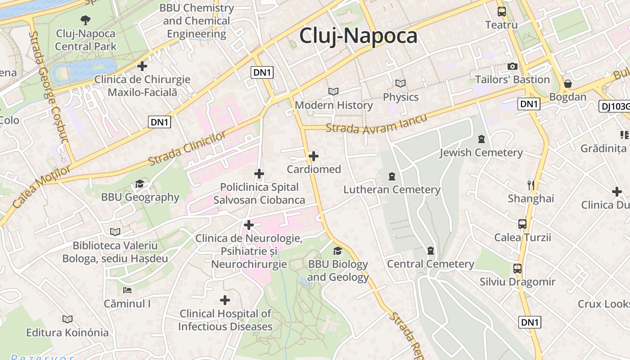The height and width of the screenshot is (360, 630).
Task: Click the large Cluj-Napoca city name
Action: coord(358,36)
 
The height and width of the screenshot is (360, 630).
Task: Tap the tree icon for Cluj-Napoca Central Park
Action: coord(85,20)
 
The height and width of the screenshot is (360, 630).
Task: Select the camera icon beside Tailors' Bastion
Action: coord(512,67)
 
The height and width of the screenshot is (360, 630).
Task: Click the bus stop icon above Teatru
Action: coord(501,12)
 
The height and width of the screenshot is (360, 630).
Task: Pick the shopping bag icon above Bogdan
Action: coord(568,84)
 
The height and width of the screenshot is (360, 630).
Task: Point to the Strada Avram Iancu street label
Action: coord(376,124)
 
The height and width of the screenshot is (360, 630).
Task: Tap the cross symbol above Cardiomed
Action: coord(314,156)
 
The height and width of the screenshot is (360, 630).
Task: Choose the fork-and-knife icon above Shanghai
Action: coord(531,185)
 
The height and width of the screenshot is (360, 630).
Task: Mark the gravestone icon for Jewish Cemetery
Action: coord(481,139)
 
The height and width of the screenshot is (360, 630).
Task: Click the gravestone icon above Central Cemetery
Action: coord(431,251)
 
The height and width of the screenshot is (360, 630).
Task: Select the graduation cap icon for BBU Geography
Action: coord(139,184)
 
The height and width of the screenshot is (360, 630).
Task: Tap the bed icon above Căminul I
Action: coord(127,290)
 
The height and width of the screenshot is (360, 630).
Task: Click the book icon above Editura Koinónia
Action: coord(67,319)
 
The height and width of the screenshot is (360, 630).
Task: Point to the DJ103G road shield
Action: coord(615,106)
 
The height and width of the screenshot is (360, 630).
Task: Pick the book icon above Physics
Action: coord(400,83)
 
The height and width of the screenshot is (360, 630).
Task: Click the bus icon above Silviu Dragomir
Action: coord(517,269)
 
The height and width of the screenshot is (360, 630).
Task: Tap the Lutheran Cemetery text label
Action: coord(391,189)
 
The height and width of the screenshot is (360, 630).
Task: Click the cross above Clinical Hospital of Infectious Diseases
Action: coord(225,300)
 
